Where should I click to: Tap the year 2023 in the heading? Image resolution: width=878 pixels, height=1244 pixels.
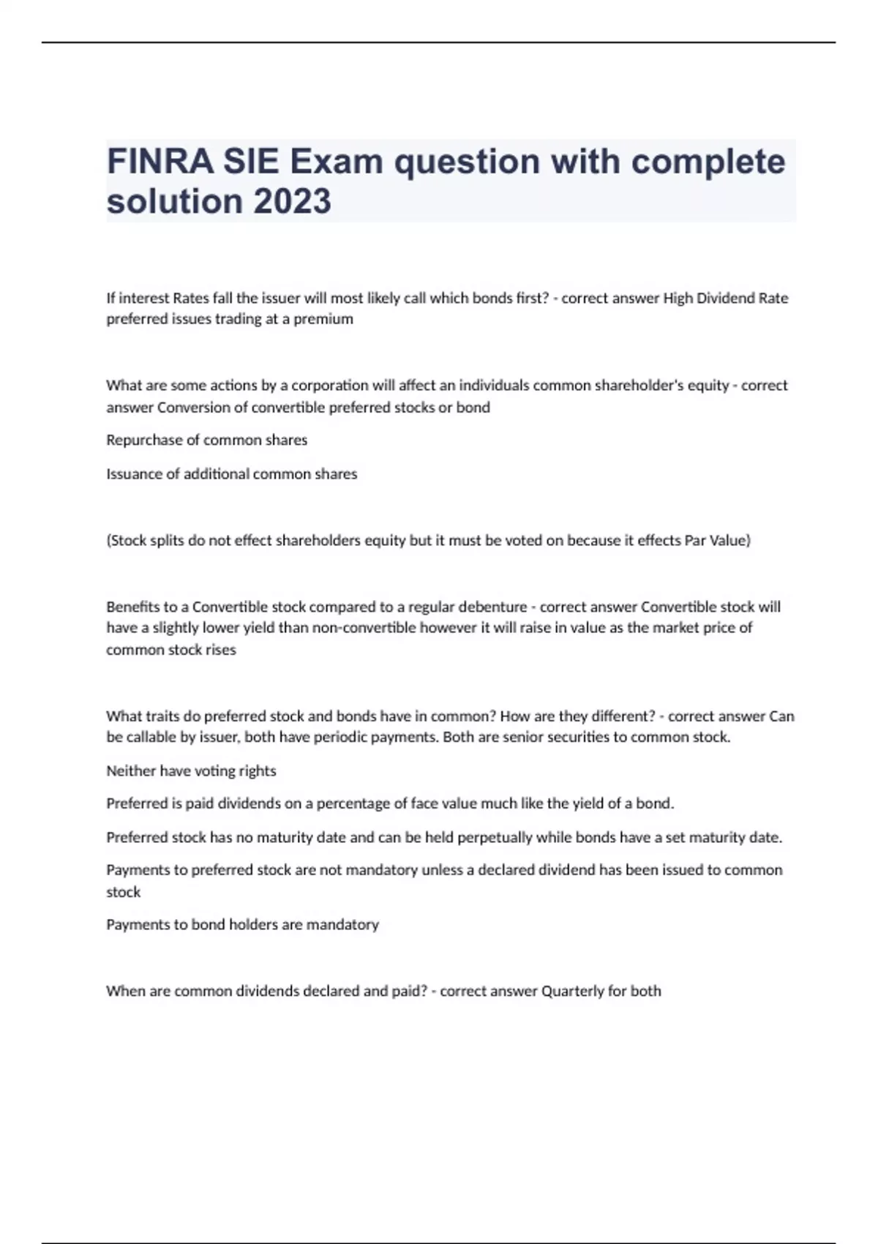292,201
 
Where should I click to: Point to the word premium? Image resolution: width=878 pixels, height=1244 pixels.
323,319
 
